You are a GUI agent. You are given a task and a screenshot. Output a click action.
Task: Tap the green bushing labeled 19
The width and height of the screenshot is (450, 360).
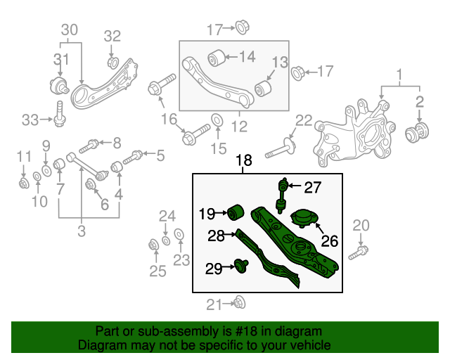pos(236,211)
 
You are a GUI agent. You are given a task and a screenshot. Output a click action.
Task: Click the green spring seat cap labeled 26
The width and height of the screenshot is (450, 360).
pos(304,219)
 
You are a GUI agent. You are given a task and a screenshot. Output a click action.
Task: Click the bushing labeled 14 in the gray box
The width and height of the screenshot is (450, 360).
pos(215,56)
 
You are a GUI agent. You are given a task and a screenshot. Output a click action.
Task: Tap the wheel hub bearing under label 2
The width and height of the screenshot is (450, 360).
pos(420,131)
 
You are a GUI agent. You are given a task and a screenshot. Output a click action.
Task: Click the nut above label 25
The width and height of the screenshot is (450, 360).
pos(153,245)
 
